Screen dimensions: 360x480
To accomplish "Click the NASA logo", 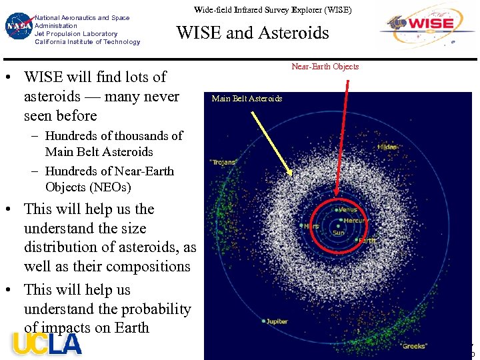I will (x=18, y=27).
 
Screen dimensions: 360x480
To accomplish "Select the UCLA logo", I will (x=47, y=343).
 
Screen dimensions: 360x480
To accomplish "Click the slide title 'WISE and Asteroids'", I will (x=252, y=33).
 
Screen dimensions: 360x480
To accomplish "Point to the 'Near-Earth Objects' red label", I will (x=325, y=67).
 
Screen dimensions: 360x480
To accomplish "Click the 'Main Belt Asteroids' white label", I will (x=247, y=99).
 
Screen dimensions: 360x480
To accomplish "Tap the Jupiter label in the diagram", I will (x=275, y=321).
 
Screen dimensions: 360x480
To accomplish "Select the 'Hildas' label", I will (x=387, y=147).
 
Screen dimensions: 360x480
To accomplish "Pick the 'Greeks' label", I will (x=415, y=346).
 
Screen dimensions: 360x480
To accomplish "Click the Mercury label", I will (x=355, y=221).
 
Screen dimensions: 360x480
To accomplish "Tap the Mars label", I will (x=311, y=226).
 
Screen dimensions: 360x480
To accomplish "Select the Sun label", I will (x=339, y=233).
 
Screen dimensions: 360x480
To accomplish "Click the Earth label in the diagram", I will (x=367, y=240).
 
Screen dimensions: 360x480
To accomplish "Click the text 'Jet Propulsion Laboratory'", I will (x=75, y=33).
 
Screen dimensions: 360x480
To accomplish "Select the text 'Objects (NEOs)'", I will (x=88, y=187).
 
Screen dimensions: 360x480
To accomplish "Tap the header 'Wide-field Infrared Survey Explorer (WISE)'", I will (x=272, y=11).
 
